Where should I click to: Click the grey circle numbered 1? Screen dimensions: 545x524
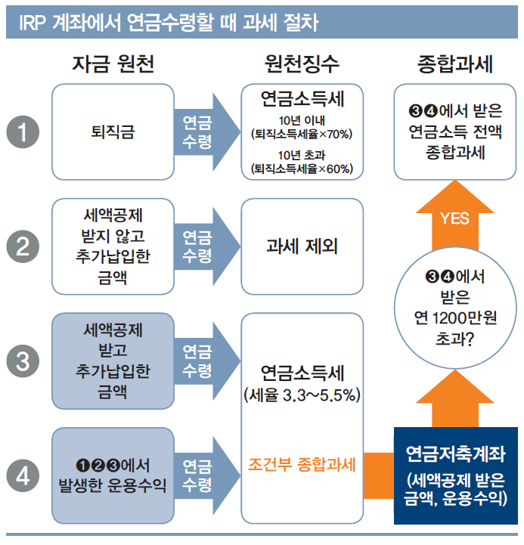pos(23,133)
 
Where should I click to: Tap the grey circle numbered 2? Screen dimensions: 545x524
pos(23,246)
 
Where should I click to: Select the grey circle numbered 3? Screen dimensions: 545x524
pos(23,361)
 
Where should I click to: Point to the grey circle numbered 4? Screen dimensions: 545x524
pos(23,475)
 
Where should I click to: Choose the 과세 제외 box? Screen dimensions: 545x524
pos(302,246)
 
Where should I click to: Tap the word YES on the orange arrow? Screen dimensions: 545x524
pos(454,219)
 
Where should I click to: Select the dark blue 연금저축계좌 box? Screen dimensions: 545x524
pos(455,474)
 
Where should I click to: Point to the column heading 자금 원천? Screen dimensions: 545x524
pos(113,64)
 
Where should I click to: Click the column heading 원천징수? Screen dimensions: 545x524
pos(302,64)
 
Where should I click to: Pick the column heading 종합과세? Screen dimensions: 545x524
pos(455,64)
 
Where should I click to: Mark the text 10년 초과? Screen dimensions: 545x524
pos(302,155)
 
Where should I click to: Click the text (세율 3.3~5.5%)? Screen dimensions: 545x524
pos(302,395)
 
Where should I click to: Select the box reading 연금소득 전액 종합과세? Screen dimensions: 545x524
pos(455,132)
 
